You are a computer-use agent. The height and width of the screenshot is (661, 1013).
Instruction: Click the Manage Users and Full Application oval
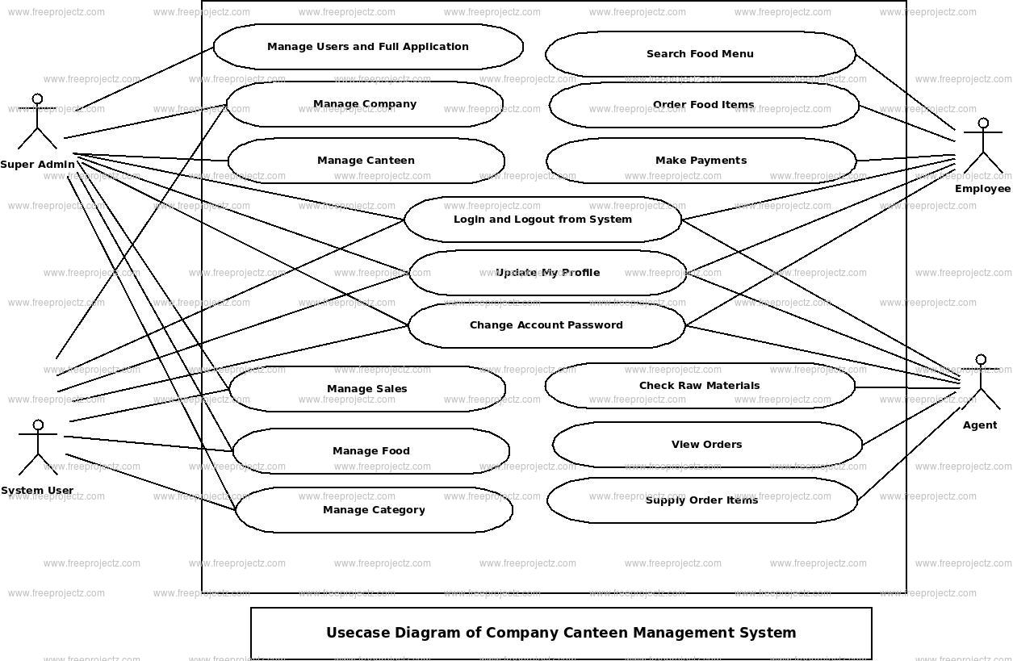pos(368,47)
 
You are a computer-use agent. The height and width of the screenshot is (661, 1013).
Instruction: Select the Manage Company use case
pos(365,104)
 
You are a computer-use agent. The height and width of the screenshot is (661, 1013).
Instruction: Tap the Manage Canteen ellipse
pos(366,161)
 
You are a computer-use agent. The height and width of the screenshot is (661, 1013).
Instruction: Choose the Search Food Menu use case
pos(700,54)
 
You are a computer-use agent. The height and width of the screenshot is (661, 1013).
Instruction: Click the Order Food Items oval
pos(703,105)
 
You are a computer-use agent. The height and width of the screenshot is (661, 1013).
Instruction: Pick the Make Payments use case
pos(701,161)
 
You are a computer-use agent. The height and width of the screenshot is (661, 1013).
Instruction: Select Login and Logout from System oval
pos(542,220)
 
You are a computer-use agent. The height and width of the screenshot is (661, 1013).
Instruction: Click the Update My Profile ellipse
pos(547,273)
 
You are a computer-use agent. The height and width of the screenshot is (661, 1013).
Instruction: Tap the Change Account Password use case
pos(546,325)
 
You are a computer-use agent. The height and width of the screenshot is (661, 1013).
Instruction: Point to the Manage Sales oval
pos(367,389)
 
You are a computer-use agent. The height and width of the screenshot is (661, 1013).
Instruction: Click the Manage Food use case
pos(371,451)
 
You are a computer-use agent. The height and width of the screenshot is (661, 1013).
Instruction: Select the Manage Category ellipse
pos(374,510)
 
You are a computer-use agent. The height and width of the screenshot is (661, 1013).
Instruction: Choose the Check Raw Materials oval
pos(699,386)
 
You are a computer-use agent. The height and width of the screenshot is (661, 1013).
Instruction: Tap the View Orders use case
pos(706,445)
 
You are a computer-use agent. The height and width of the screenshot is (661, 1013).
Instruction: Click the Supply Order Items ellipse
pos(701,500)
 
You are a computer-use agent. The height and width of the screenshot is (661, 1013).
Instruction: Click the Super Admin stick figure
pos(37,122)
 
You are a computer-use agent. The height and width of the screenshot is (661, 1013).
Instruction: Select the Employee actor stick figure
pos(982,146)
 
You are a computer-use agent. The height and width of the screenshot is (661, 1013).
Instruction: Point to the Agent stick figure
pos(981,382)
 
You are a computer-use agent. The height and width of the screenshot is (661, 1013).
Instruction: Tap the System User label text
pos(37,491)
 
